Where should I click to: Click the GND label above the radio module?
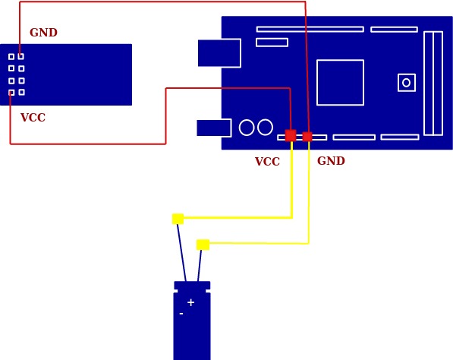tap(43, 33)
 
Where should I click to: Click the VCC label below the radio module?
tap(33, 118)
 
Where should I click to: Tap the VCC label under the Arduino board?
tap(267, 161)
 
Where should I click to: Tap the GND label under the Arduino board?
tap(331, 161)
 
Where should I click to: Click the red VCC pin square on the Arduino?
tap(291, 135)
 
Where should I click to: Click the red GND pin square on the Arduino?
tap(307, 137)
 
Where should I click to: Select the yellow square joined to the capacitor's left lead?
tap(178, 219)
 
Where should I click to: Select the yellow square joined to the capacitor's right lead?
tap(203, 245)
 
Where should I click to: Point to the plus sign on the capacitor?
tap(190, 302)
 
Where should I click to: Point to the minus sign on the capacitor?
tap(181, 314)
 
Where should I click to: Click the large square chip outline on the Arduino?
tap(341, 83)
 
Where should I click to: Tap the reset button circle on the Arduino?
tap(406, 83)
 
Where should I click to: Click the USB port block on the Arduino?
tap(219, 53)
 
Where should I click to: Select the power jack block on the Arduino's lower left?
tap(214, 128)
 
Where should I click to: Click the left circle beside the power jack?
tap(247, 128)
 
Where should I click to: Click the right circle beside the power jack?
tap(266, 128)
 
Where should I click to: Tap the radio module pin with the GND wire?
tap(20, 56)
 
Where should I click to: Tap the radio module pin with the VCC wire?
tap(11, 93)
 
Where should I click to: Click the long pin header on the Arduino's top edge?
tap(310, 29)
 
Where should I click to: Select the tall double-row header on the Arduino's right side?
tap(433, 84)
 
